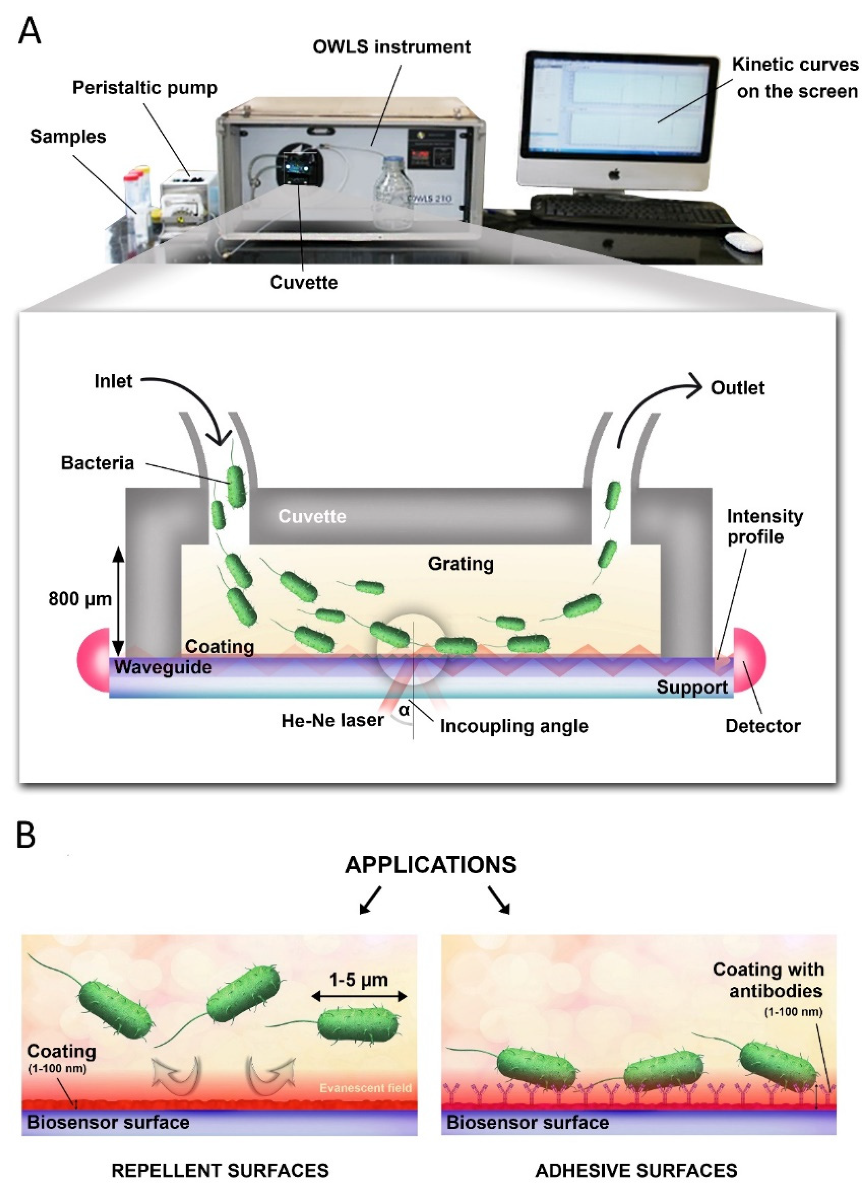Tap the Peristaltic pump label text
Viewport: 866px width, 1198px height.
pos(144,88)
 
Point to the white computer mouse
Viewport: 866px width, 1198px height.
pos(742,242)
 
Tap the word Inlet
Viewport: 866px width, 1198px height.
pos(113,381)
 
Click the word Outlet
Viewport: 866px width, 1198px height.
pos(737,388)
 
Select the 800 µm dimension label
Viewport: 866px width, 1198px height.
pos(80,599)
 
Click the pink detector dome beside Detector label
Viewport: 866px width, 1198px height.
pos(749,660)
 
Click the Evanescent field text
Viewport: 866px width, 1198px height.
pos(365,1088)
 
